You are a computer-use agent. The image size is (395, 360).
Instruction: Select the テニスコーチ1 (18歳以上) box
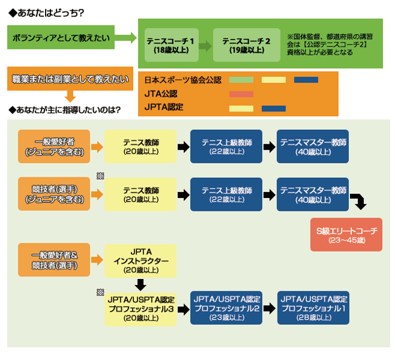click(x=172, y=45)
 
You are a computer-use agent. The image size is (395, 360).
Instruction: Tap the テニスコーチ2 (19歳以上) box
click(x=246, y=45)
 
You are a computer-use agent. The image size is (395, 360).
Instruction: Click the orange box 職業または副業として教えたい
click(x=70, y=79)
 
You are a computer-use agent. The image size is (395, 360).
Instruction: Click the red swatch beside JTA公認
click(x=241, y=94)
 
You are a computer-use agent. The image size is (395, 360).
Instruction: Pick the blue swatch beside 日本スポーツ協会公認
click(x=306, y=80)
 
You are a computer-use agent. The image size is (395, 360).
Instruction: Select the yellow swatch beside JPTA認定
click(x=241, y=108)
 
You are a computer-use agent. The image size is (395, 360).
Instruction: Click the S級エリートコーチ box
click(x=346, y=235)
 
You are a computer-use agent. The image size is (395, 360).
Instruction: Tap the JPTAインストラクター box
click(x=141, y=260)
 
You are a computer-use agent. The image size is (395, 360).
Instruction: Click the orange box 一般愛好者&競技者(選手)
click(x=54, y=260)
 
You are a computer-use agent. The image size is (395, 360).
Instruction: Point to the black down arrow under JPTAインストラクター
click(x=141, y=284)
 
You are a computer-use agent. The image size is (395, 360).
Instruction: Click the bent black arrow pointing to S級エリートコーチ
click(x=358, y=202)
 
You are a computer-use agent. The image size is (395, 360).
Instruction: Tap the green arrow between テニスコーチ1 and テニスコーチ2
click(x=205, y=46)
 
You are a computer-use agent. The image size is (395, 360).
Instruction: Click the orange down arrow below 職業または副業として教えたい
click(x=70, y=96)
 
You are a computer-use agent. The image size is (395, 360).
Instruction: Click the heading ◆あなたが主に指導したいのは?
click(x=63, y=110)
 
